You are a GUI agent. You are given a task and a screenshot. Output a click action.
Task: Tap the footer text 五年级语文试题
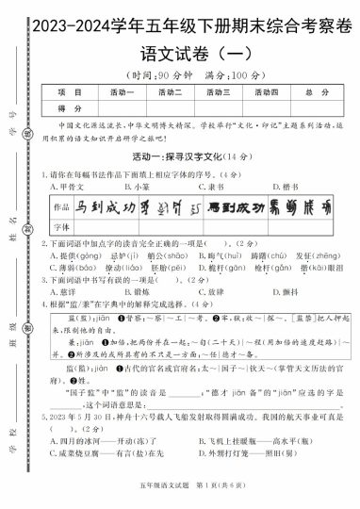151,496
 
